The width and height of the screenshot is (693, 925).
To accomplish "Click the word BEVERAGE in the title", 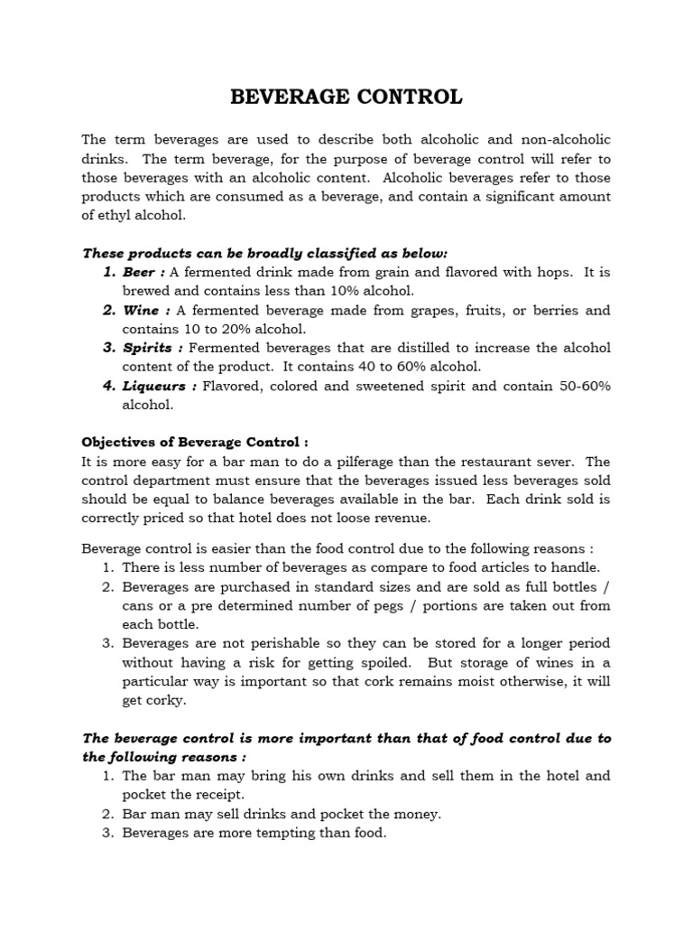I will [x=287, y=97].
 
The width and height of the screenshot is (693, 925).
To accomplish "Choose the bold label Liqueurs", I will [x=154, y=386].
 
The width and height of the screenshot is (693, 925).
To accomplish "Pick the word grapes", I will [x=437, y=310].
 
